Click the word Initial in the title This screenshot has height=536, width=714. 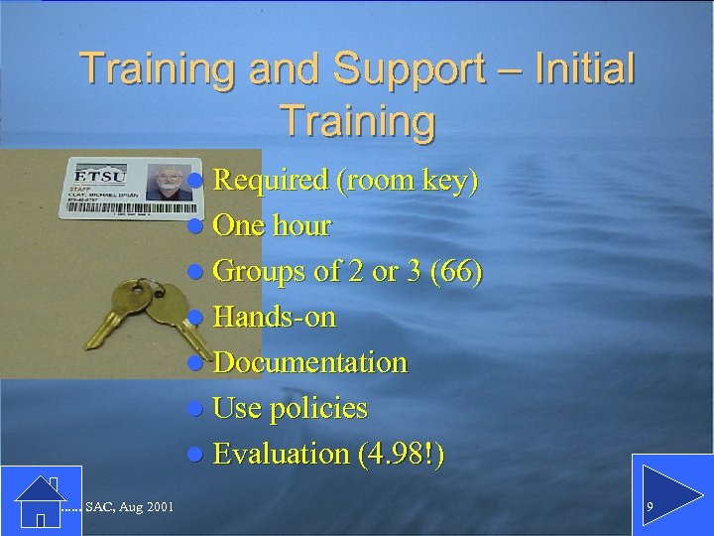point(584,69)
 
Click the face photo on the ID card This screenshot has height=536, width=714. point(169,183)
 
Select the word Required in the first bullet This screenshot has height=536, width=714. point(270,181)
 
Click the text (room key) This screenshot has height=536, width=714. point(408,181)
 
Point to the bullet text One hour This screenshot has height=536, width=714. point(271,226)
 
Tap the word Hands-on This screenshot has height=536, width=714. point(274,318)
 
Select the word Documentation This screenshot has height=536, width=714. point(309,363)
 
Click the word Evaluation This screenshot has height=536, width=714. point(281,455)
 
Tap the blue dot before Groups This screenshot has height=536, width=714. point(196,273)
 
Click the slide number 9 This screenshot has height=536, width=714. point(650,508)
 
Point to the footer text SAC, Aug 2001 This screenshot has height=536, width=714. point(129,508)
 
